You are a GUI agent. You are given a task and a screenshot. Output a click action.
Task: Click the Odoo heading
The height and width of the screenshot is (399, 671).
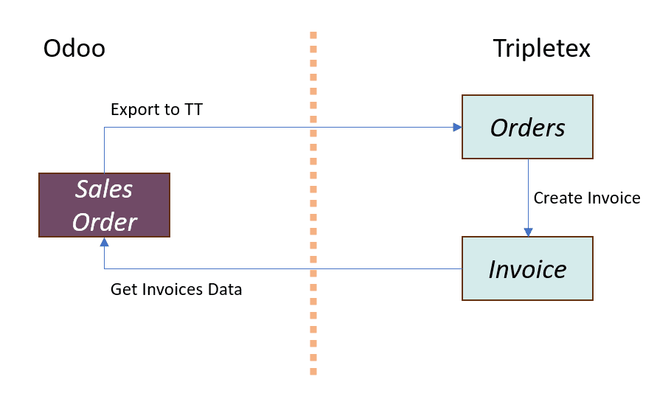[74, 48]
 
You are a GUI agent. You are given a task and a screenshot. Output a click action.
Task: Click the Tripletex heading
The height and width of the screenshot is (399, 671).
[541, 49]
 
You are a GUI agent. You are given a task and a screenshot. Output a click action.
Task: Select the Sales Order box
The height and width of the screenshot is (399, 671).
[105, 205]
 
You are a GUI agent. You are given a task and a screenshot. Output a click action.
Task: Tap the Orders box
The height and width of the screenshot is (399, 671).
[528, 127]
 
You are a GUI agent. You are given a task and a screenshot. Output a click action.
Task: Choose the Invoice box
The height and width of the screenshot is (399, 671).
[528, 268]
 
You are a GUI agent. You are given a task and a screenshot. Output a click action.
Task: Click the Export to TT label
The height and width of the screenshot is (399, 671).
[156, 110]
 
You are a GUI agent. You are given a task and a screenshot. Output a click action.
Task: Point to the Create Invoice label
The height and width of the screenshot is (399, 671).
[587, 198]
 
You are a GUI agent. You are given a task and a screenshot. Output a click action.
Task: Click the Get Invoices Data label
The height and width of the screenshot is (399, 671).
[176, 289]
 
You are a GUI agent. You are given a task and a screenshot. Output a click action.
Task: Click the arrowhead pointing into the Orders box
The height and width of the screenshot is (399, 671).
[457, 127]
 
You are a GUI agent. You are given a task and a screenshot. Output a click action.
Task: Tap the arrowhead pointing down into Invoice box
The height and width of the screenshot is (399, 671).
[528, 232]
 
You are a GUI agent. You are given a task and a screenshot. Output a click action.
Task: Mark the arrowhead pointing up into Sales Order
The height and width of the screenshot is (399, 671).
[105, 242]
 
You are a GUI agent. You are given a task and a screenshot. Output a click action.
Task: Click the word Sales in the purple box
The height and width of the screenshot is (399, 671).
[104, 189]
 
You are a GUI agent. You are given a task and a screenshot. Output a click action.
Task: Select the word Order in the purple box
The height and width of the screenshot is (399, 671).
[105, 222]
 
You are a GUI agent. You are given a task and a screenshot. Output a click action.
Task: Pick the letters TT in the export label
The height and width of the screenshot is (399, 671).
[193, 110]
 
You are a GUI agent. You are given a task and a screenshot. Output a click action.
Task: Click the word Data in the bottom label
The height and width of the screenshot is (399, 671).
[225, 289]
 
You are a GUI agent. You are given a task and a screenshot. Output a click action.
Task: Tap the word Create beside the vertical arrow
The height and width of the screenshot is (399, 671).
[558, 198]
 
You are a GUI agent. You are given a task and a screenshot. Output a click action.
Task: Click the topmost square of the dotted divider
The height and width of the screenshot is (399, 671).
[313, 35]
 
